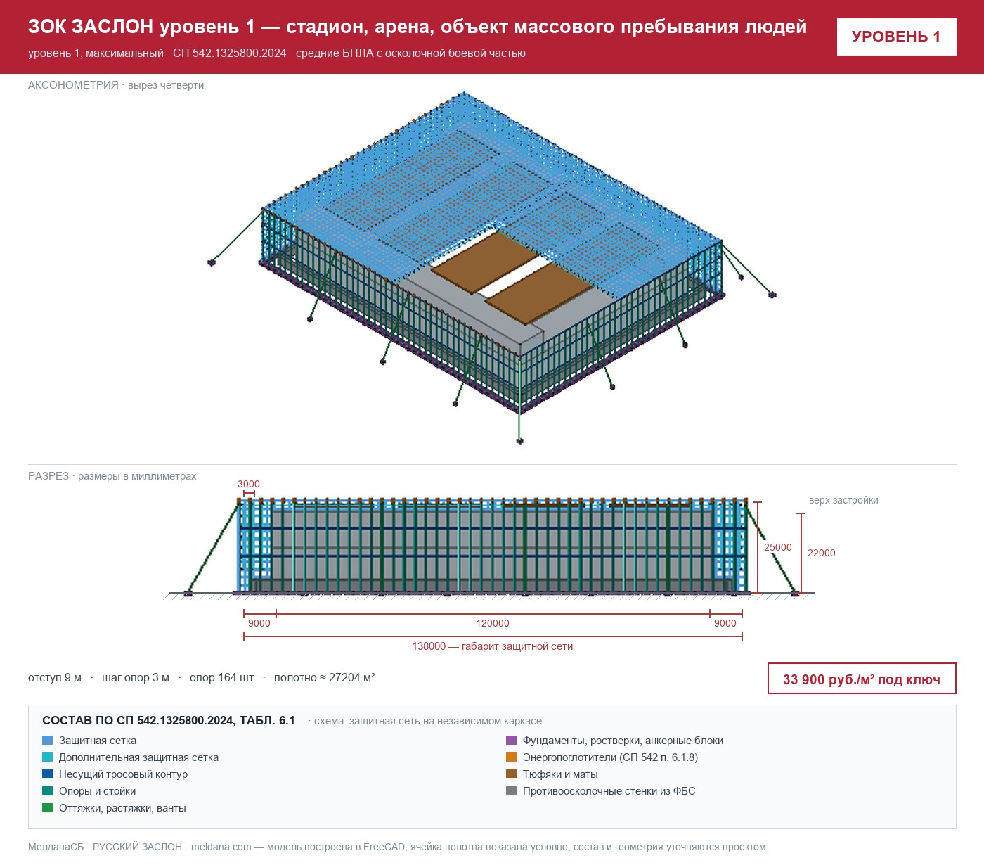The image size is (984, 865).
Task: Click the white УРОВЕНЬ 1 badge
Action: pos(896,37)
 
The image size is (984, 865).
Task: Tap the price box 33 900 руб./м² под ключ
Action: pos(862,679)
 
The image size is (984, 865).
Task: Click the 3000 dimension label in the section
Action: pos(248,484)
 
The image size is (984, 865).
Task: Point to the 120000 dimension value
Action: pos(493,623)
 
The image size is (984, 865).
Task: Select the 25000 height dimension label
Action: pos(777,547)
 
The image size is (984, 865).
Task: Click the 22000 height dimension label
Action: pos(822,553)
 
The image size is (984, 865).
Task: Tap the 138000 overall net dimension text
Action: pos(493,646)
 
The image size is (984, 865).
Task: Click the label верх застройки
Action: pos(843,500)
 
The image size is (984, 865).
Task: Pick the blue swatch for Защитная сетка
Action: pos(48,740)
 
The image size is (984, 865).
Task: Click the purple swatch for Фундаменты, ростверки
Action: pos(511,740)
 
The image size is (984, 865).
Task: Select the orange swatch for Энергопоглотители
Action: pos(511,757)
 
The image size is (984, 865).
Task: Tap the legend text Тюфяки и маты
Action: pos(560,774)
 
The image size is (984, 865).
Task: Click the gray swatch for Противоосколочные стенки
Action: pos(511,790)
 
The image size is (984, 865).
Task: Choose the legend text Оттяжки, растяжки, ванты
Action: pos(122,807)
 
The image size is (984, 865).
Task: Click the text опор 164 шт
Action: pos(221,677)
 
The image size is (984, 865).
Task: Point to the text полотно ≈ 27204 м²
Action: pos(325,677)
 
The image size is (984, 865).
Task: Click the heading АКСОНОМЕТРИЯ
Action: pos(73,85)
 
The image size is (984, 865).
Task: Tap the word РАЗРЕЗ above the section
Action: pos(48,475)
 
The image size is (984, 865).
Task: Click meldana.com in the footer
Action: pos(221,847)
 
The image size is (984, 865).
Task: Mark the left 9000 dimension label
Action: pos(259,623)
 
